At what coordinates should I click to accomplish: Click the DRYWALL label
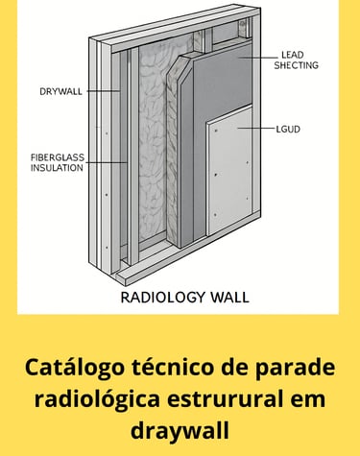click(x=60, y=91)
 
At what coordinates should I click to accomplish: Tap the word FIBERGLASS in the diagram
click(x=58, y=157)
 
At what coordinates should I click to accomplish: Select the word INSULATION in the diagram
click(x=57, y=168)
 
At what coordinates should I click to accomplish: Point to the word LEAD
click(x=293, y=55)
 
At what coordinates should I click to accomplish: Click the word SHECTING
click(x=297, y=65)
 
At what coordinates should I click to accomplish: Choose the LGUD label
click(x=288, y=130)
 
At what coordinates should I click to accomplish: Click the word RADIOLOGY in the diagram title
click(x=163, y=298)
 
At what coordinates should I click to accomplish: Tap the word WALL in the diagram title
click(x=229, y=298)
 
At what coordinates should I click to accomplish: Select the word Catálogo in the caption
click(x=75, y=368)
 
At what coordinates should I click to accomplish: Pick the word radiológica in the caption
click(x=97, y=399)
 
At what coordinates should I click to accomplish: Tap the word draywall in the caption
click(x=180, y=431)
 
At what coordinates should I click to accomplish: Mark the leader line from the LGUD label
click(x=255, y=129)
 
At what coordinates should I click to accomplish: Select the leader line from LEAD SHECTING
click(x=255, y=58)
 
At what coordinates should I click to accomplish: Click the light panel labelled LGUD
click(x=229, y=173)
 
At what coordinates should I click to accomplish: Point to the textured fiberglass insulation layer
click(x=153, y=144)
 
